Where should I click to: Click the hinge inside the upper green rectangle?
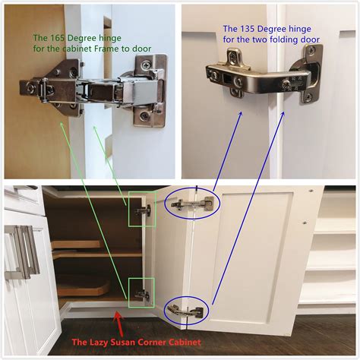coord(141,208)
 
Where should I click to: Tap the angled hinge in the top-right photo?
coord(262,76)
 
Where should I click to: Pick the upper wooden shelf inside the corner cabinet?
coord(91,248)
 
